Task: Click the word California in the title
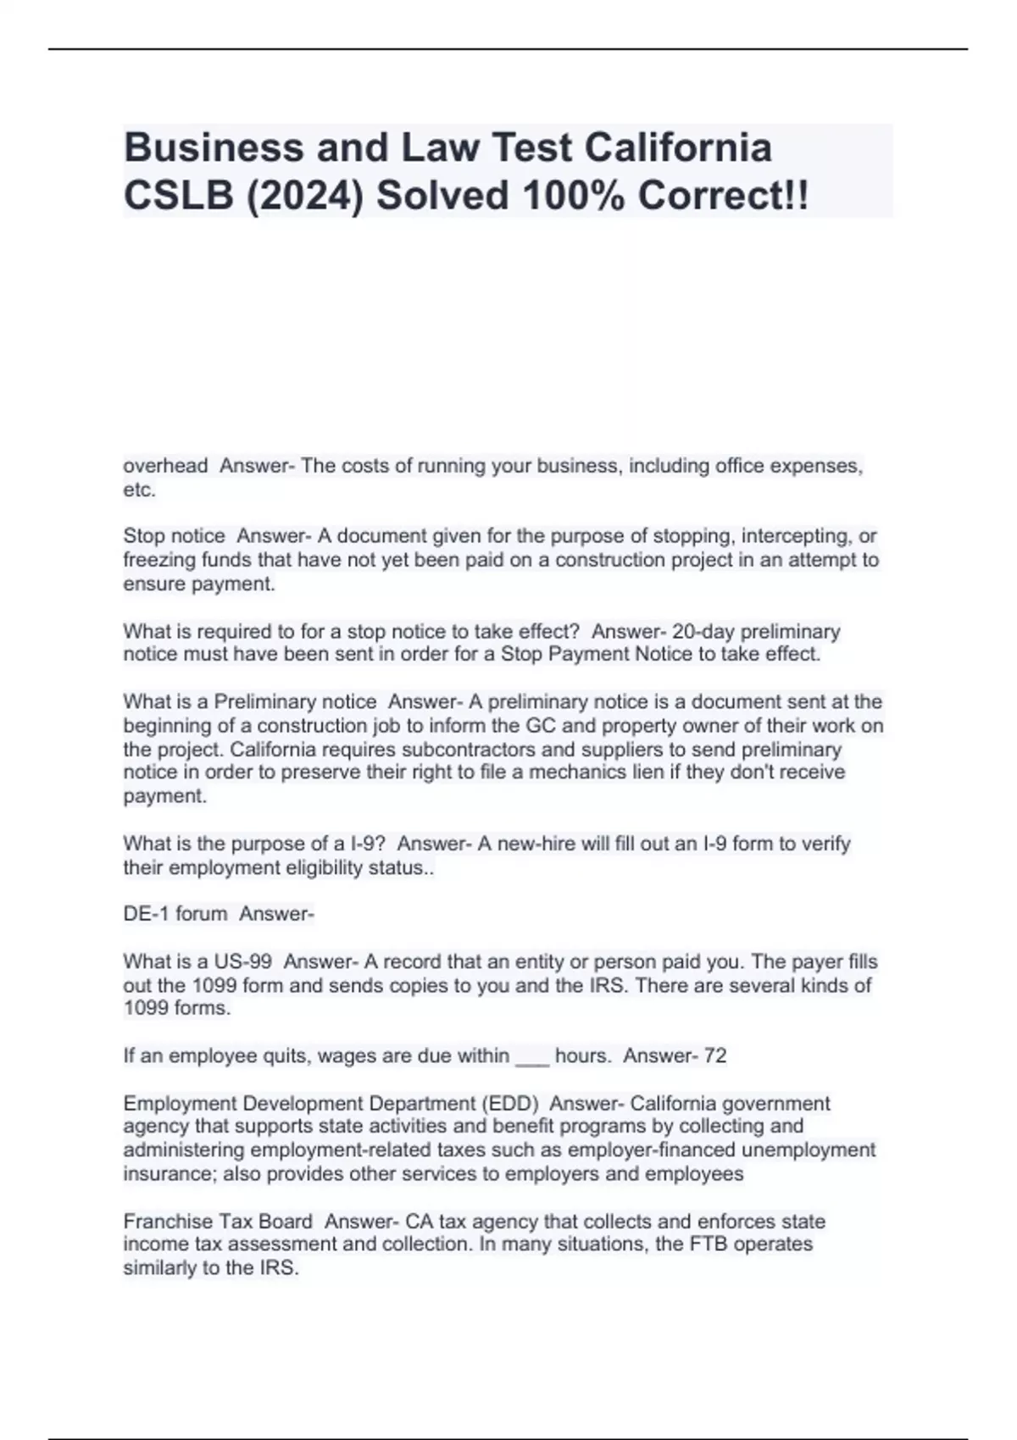pos(677,147)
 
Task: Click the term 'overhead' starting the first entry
pos(165,466)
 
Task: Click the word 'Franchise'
pos(168,1221)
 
